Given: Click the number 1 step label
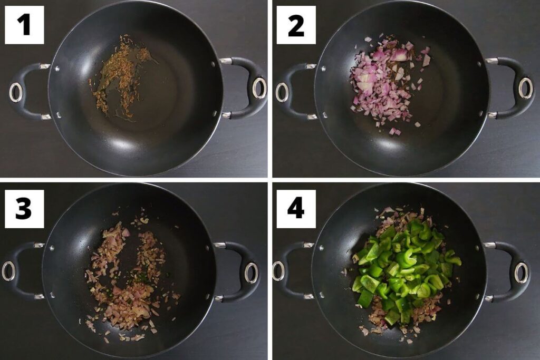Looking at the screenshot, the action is coord(24,25).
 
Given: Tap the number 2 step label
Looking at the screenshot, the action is coord(296,25).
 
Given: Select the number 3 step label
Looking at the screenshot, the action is coord(24,209).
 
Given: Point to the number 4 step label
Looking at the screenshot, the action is coord(296,209).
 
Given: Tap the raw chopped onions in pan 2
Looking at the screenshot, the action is coord(385,83).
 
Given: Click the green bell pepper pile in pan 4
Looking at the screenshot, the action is coord(407,272).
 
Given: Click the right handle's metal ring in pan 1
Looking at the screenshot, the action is coord(259,87).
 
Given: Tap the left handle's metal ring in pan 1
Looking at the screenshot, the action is coord(15,92).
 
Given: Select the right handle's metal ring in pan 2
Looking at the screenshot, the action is coord(526,88).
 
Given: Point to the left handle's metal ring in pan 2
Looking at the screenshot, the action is coord(282,92).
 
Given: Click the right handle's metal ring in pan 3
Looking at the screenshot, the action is coord(252,273).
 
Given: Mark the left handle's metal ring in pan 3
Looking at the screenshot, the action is coord(8,271).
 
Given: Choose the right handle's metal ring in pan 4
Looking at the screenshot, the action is coord(522,273).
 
